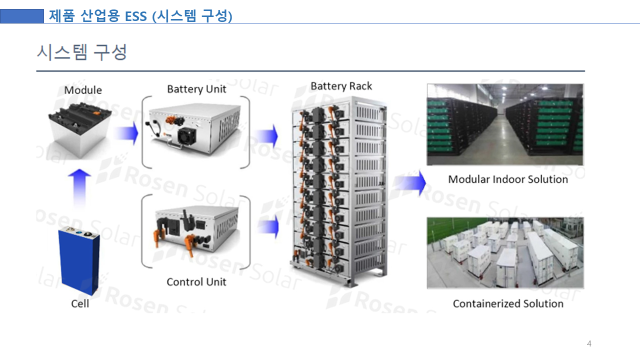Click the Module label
pyautogui.click(x=83, y=90)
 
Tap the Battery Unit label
pyautogui.click(x=196, y=89)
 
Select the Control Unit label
pyautogui.click(x=196, y=282)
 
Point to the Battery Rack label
pyautogui.click(x=341, y=86)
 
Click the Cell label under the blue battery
pyautogui.click(x=80, y=303)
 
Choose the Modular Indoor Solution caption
pyautogui.click(x=508, y=179)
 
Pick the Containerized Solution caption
pyautogui.click(x=508, y=303)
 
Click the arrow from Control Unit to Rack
pyautogui.click(x=268, y=227)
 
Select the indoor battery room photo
pyautogui.click(x=505, y=124)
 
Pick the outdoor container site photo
pyautogui.click(x=505, y=253)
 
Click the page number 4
pyautogui.click(x=589, y=344)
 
